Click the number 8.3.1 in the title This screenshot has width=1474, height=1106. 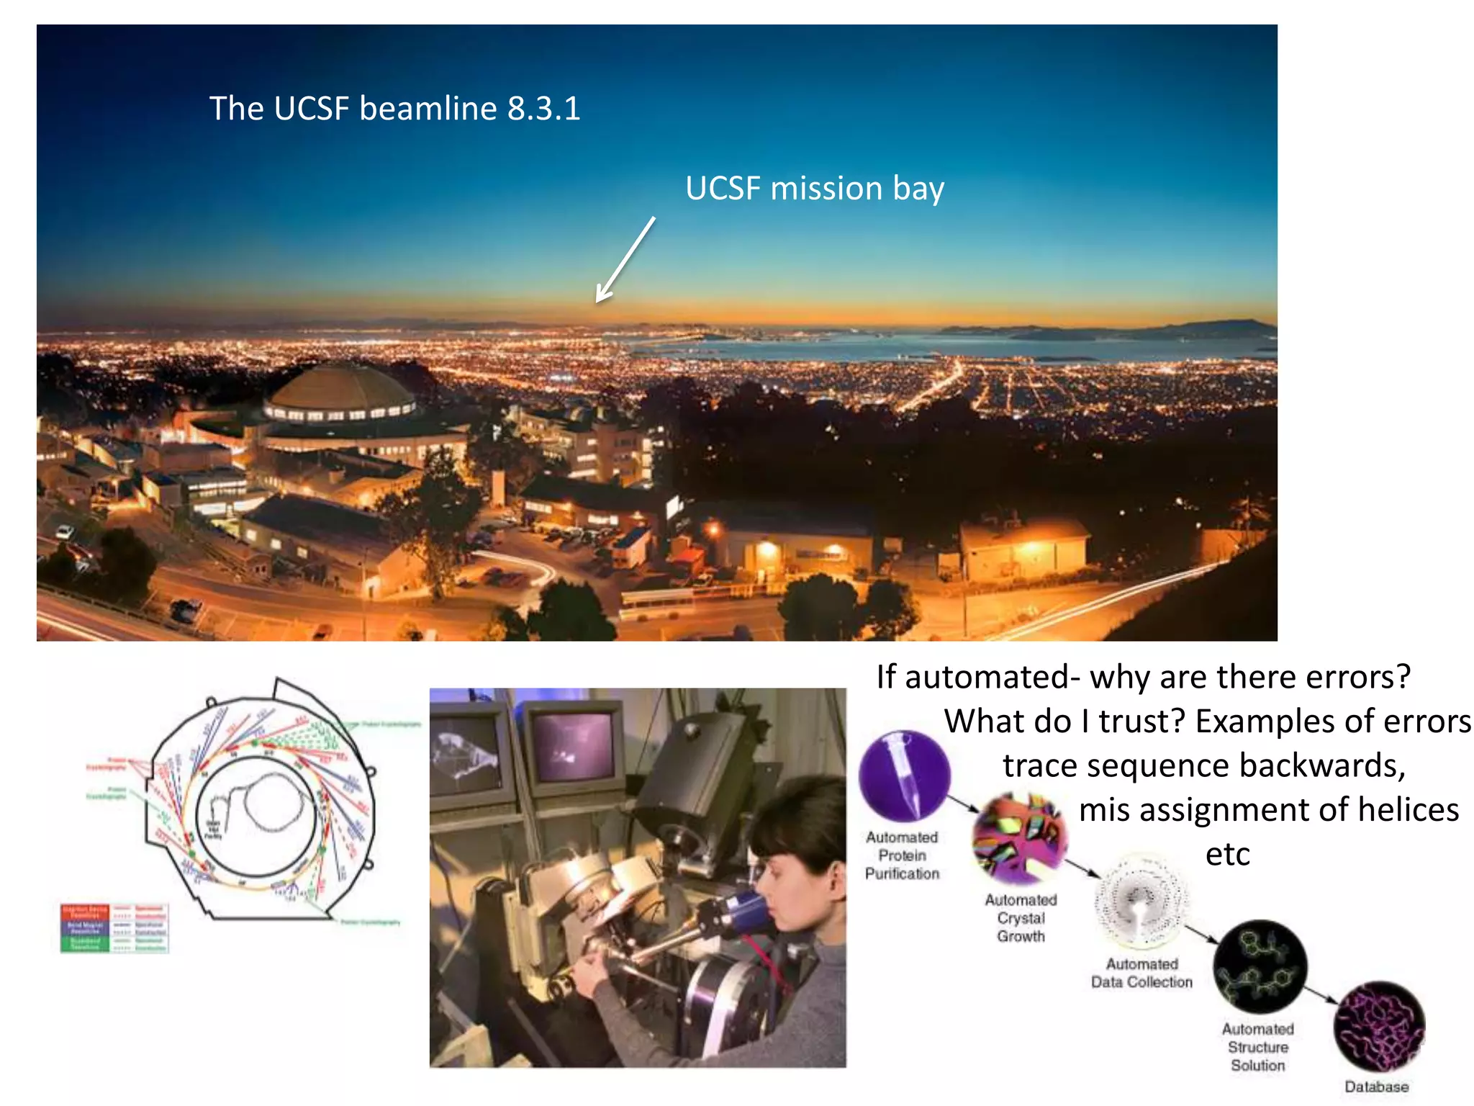[543, 109]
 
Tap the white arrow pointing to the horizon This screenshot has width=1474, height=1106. [625, 260]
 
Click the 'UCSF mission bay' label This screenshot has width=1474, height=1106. [814, 189]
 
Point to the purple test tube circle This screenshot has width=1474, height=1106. [904, 776]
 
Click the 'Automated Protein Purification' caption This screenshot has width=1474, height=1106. [902, 855]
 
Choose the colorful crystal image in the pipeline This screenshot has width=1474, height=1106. [1019, 838]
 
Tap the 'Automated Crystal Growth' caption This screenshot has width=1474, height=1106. [1021, 918]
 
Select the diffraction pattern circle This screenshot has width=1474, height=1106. [1140, 901]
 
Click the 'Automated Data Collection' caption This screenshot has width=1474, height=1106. [1141, 973]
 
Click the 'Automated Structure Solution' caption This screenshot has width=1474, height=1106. [1257, 1047]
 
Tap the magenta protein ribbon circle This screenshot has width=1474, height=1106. [1378, 1027]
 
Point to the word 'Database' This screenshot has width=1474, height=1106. [1376, 1087]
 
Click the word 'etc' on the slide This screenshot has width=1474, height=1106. [1227, 855]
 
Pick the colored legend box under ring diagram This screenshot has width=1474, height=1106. [114, 928]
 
